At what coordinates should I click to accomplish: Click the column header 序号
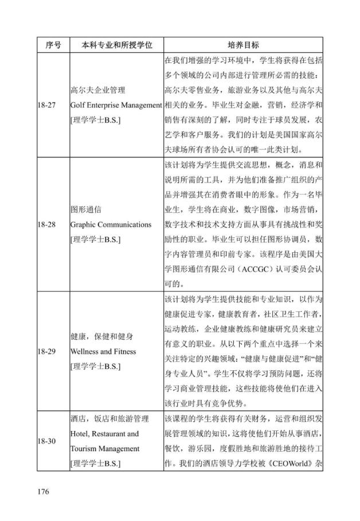tap(53, 45)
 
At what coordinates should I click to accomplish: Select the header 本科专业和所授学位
tap(116, 45)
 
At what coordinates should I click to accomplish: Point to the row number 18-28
tap(47, 224)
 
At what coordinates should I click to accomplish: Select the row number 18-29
tap(47, 351)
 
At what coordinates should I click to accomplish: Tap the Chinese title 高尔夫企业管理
tap(97, 90)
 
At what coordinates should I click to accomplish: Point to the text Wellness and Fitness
tap(103, 351)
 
